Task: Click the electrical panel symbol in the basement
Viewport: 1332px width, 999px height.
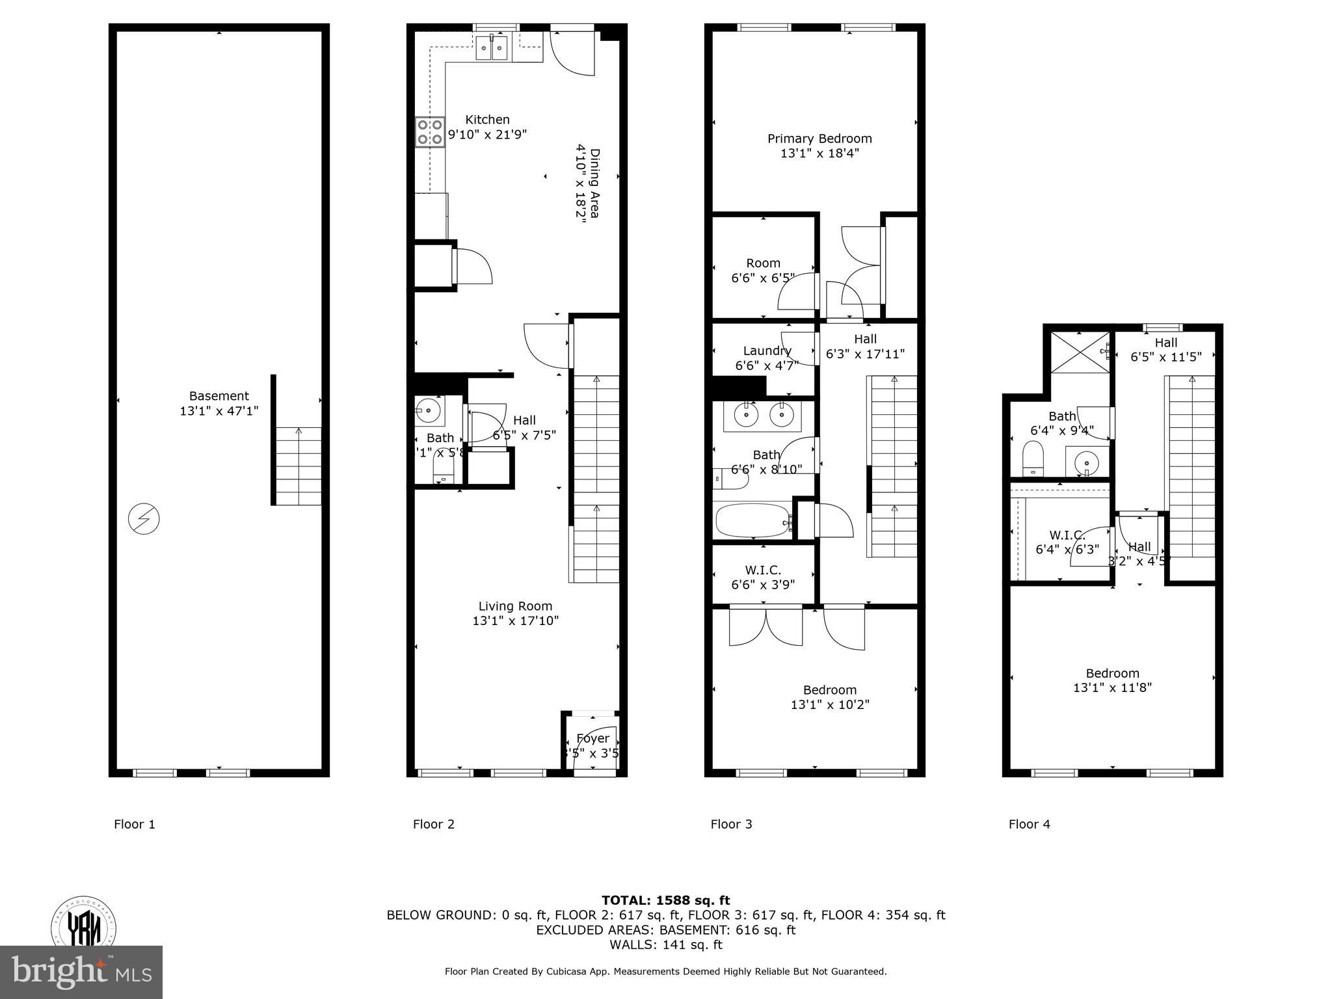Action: tap(144, 518)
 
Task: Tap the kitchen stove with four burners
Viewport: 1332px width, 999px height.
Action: tap(431, 132)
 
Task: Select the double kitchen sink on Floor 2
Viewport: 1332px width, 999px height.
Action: tap(492, 47)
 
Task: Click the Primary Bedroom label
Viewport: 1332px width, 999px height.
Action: tap(819, 139)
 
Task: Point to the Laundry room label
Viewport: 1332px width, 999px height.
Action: tap(767, 351)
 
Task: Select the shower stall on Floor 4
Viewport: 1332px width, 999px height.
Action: tap(1079, 352)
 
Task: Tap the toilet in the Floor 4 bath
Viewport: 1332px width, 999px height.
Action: tap(1032, 458)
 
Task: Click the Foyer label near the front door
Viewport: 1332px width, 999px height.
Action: tap(593, 738)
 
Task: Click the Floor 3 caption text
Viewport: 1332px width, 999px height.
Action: tap(731, 824)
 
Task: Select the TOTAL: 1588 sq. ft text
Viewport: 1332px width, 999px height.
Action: tap(665, 900)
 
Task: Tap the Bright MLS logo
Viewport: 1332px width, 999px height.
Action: tap(81, 972)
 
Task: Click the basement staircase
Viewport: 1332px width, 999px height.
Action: tap(299, 466)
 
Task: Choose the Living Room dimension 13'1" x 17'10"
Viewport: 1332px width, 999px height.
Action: tap(515, 621)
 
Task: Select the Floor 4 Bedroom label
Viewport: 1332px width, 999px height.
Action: tap(1112, 673)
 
